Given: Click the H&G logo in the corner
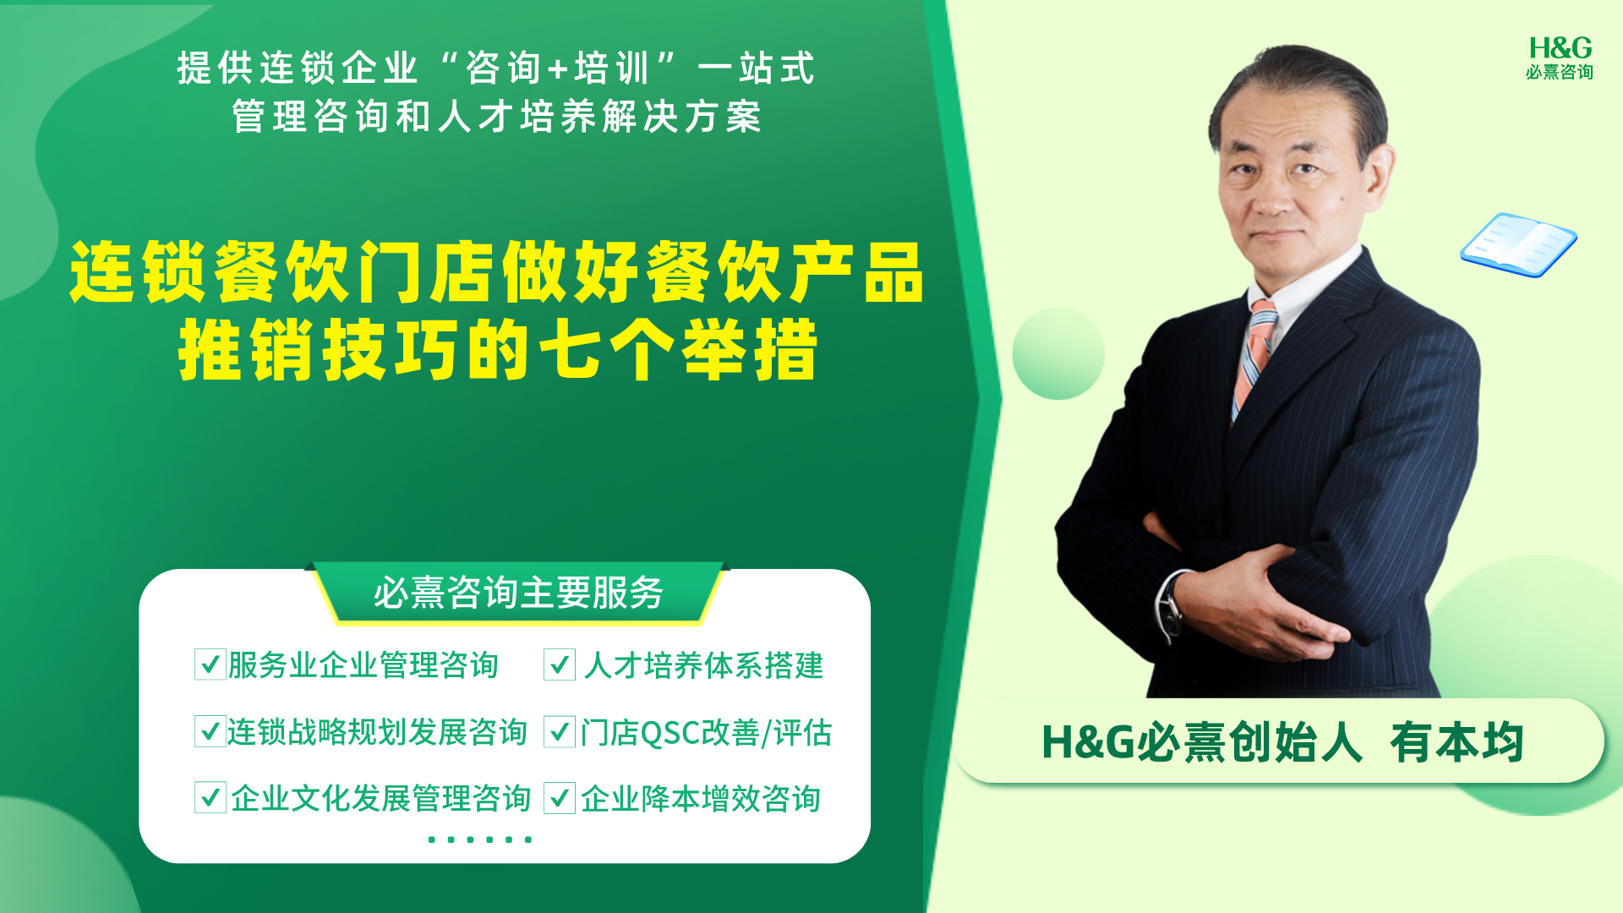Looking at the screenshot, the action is (1560, 57).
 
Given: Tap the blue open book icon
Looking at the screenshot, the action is (1518, 245).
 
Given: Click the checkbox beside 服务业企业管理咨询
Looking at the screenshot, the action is (210, 664).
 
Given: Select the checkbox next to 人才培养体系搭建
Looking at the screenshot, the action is (560, 664).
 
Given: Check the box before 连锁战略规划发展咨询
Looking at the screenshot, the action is (210, 731).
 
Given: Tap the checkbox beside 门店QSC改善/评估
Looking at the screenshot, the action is (560, 731).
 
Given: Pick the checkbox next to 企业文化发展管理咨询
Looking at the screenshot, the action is (210, 797).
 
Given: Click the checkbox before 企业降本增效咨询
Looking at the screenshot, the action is (560, 797).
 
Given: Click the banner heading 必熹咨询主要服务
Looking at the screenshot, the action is (518, 593).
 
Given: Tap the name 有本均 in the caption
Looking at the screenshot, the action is (1456, 743).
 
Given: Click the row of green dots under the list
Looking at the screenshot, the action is (479, 839).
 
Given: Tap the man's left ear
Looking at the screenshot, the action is (1379, 179).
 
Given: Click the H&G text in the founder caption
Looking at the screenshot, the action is (1088, 742).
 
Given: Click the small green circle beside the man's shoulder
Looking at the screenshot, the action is (1058, 353).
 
